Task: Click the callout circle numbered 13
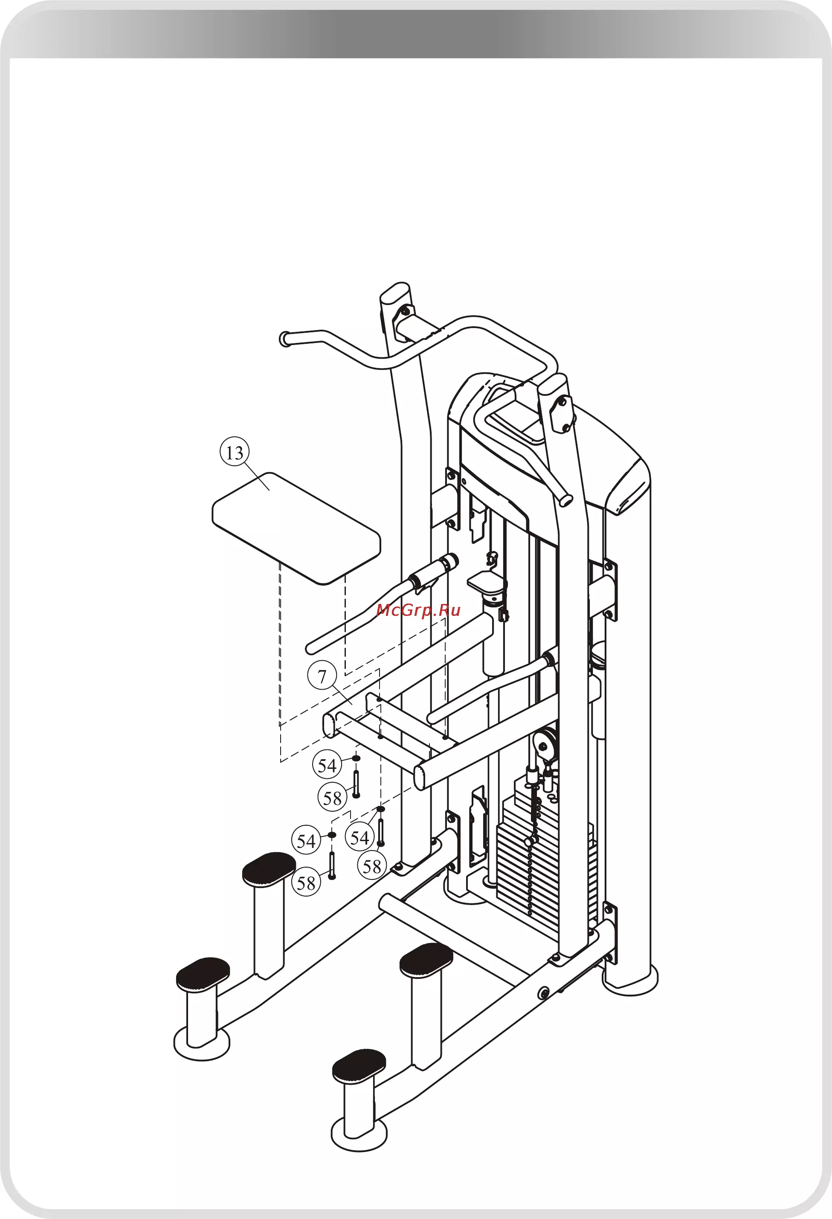(235, 452)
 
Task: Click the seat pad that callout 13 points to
(296, 528)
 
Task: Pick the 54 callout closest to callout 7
(328, 765)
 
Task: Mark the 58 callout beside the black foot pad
(306, 883)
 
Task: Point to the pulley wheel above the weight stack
(544, 743)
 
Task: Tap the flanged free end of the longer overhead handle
(285, 339)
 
